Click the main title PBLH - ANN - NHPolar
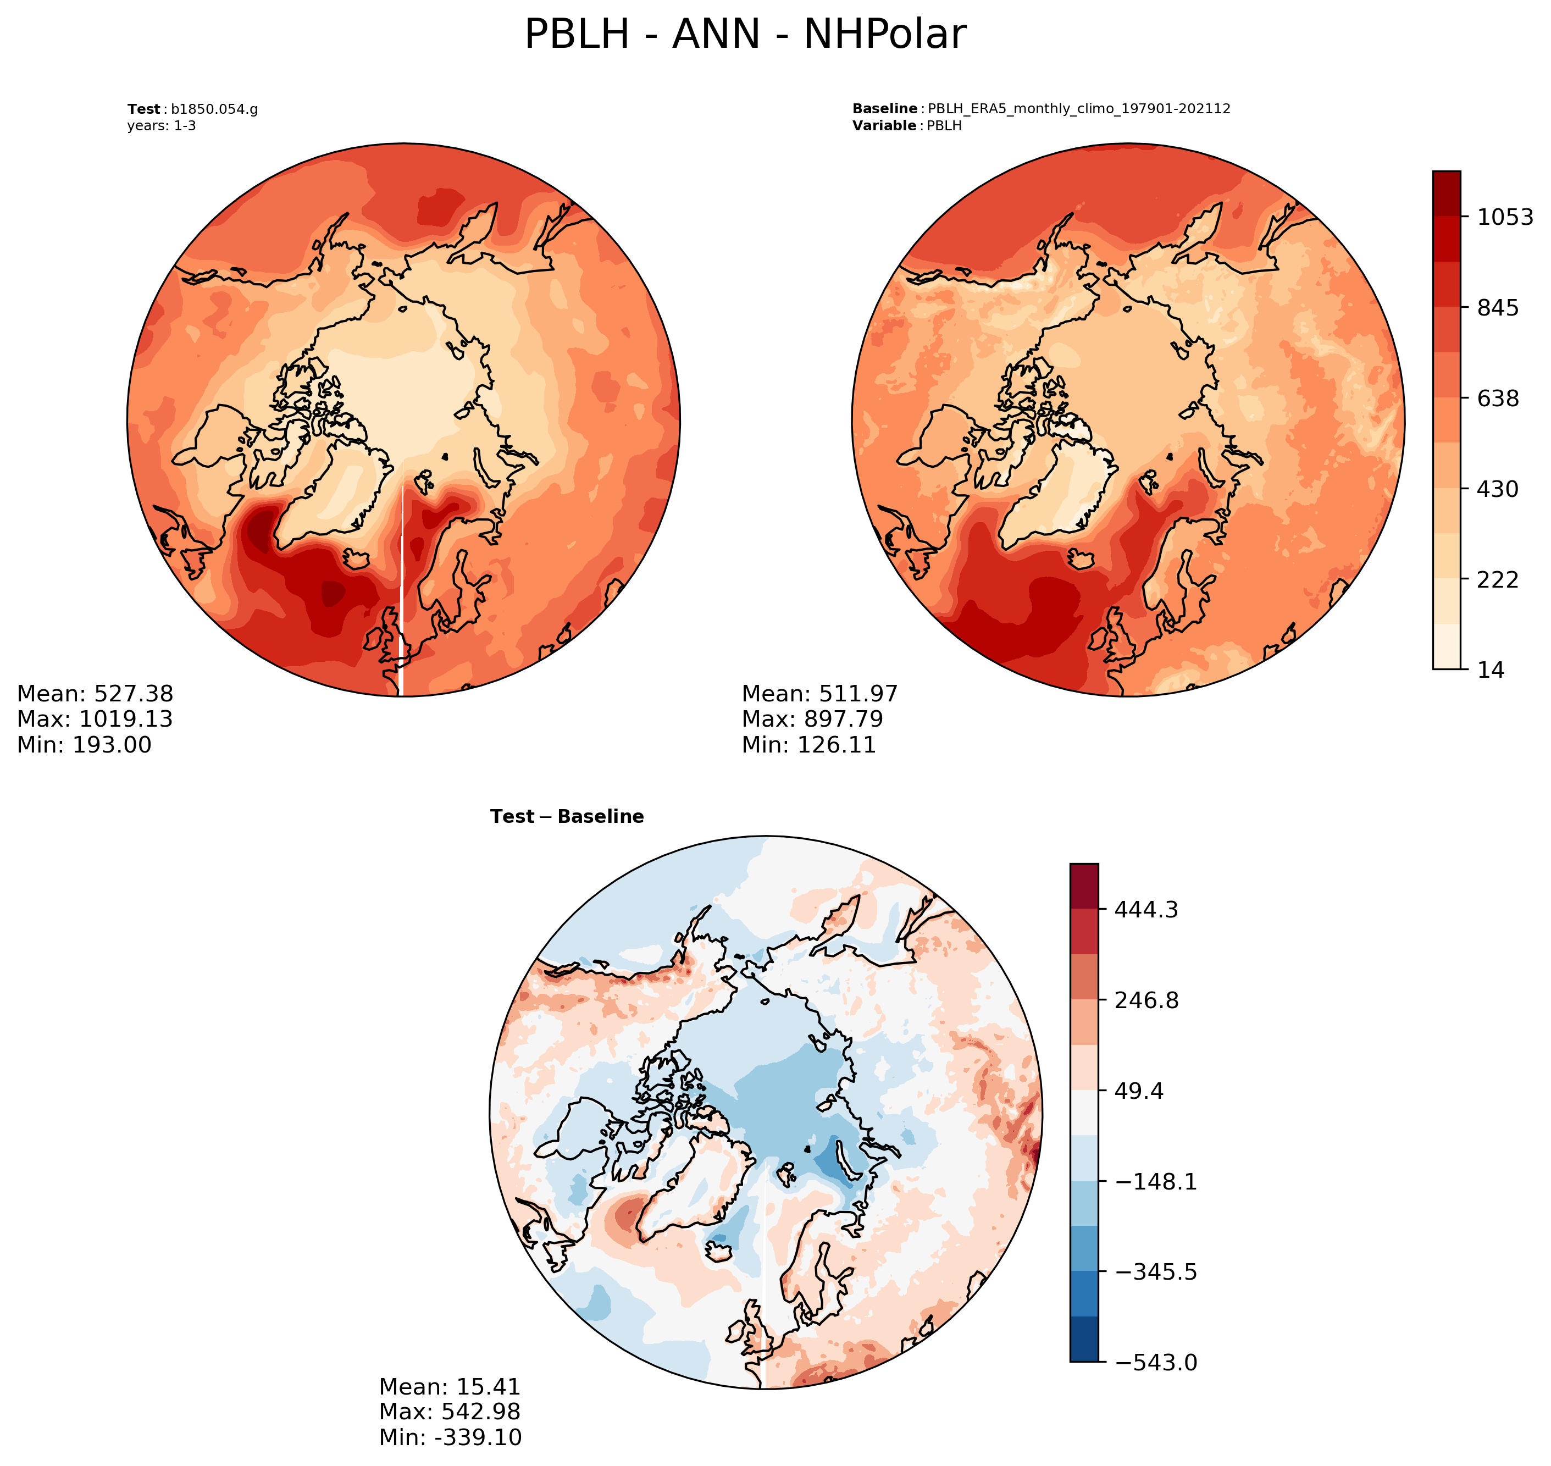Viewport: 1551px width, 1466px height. [x=745, y=35]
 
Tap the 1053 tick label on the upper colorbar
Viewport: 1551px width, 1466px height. [x=1505, y=217]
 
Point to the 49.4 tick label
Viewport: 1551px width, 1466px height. [x=1138, y=1091]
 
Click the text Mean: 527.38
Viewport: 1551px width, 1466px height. [x=95, y=694]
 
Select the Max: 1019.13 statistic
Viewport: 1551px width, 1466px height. [x=95, y=719]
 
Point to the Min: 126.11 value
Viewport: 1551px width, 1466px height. [x=808, y=745]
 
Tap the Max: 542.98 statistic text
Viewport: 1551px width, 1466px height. [x=449, y=1411]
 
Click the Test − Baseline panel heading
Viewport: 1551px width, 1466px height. [x=567, y=817]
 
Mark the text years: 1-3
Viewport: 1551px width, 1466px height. [x=162, y=126]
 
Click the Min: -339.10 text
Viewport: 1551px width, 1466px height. [x=450, y=1437]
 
